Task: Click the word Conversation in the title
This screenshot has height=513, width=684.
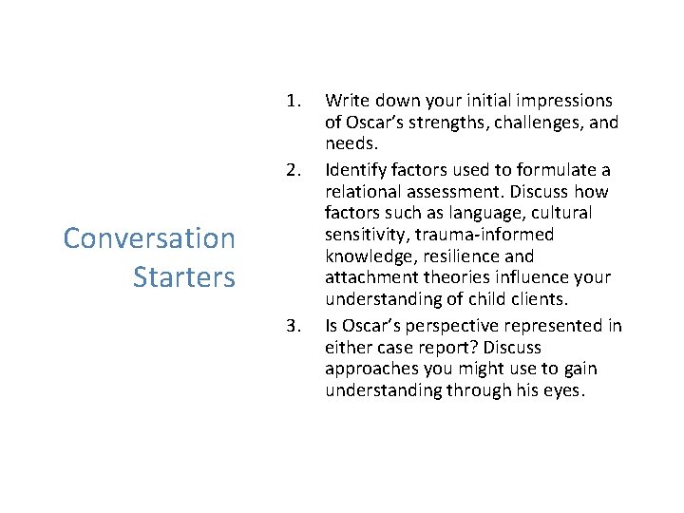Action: tap(149, 237)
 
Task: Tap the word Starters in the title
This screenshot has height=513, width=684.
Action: tap(183, 277)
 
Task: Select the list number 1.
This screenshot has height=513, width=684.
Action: tap(294, 100)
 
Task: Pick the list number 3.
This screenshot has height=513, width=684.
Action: tap(294, 326)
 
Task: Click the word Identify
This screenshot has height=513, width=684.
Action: tap(354, 170)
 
